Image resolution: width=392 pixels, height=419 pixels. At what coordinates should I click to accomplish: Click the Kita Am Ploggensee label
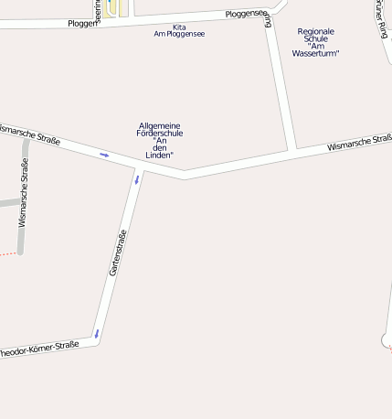pyautogui.click(x=179, y=30)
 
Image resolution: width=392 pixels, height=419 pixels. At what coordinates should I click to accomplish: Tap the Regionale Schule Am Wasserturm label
pyautogui.click(x=316, y=42)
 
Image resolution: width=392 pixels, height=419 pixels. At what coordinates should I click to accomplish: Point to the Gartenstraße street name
pyautogui.click(x=117, y=253)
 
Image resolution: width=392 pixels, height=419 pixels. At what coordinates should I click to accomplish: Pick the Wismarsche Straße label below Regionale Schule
pyautogui.click(x=359, y=142)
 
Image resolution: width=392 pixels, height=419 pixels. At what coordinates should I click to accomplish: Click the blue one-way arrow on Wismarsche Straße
pyautogui.click(x=104, y=155)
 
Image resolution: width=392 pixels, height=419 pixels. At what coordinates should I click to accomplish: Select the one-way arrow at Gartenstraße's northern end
pyautogui.click(x=137, y=178)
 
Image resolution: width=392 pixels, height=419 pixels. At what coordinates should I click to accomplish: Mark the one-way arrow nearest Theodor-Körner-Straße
pyautogui.click(x=95, y=333)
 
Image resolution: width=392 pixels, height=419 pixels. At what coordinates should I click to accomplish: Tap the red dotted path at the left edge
pyautogui.click(x=7, y=253)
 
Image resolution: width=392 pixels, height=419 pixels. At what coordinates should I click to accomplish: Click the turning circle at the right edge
pyautogui.click(x=387, y=340)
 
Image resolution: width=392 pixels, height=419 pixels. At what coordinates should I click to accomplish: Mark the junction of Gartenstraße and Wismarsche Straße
pyautogui.click(x=142, y=166)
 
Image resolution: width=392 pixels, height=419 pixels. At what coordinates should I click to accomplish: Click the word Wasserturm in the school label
pyautogui.click(x=316, y=53)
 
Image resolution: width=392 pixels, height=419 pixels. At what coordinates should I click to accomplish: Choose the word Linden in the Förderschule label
pyautogui.click(x=160, y=156)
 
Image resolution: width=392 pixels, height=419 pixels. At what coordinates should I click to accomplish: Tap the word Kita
pyautogui.click(x=179, y=27)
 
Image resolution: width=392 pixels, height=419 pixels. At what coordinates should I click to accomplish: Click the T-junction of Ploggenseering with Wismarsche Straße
pyautogui.click(x=293, y=149)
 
